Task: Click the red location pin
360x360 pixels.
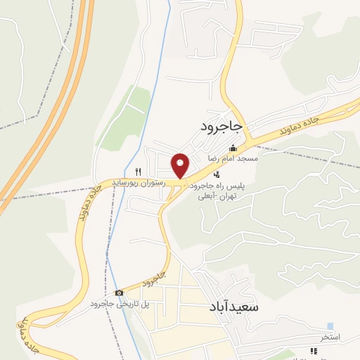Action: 181,165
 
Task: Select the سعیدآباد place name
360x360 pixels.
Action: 235,308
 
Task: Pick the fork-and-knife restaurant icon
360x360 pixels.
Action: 139,171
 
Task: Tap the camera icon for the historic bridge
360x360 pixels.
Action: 119,292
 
